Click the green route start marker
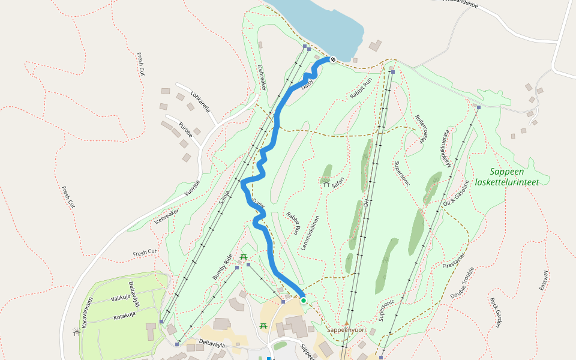[304, 301]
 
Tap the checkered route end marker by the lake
[332, 59]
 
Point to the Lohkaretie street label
[200, 101]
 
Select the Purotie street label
[185, 130]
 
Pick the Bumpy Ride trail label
[223, 267]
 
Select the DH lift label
[366, 202]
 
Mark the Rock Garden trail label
[495, 313]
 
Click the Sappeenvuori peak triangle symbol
[346, 323]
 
